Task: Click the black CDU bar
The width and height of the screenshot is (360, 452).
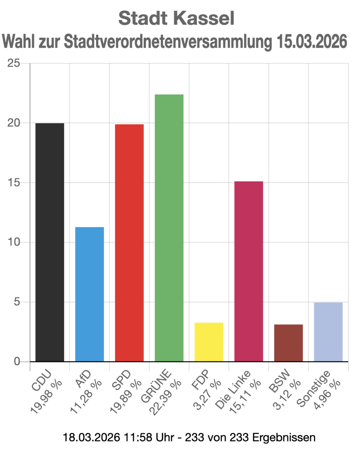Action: click(x=50, y=242)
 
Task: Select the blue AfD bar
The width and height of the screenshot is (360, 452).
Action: click(x=89, y=294)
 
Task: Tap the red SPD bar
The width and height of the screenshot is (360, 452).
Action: click(x=129, y=243)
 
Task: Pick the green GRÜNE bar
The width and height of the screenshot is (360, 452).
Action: click(x=169, y=228)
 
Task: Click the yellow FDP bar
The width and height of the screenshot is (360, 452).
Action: click(x=209, y=342)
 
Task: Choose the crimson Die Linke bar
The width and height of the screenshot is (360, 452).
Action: click(x=249, y=271)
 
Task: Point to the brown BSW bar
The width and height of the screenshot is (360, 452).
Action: click(x=288, y=343)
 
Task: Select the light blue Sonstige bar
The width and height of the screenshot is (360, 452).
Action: click(x=328, y=332)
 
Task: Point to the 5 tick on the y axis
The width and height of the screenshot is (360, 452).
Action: click(x=17, y=302)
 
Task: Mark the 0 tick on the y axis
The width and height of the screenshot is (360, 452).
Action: click(x=17, y=362)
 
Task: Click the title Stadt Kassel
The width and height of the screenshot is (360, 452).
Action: click(x=176, y=18)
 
